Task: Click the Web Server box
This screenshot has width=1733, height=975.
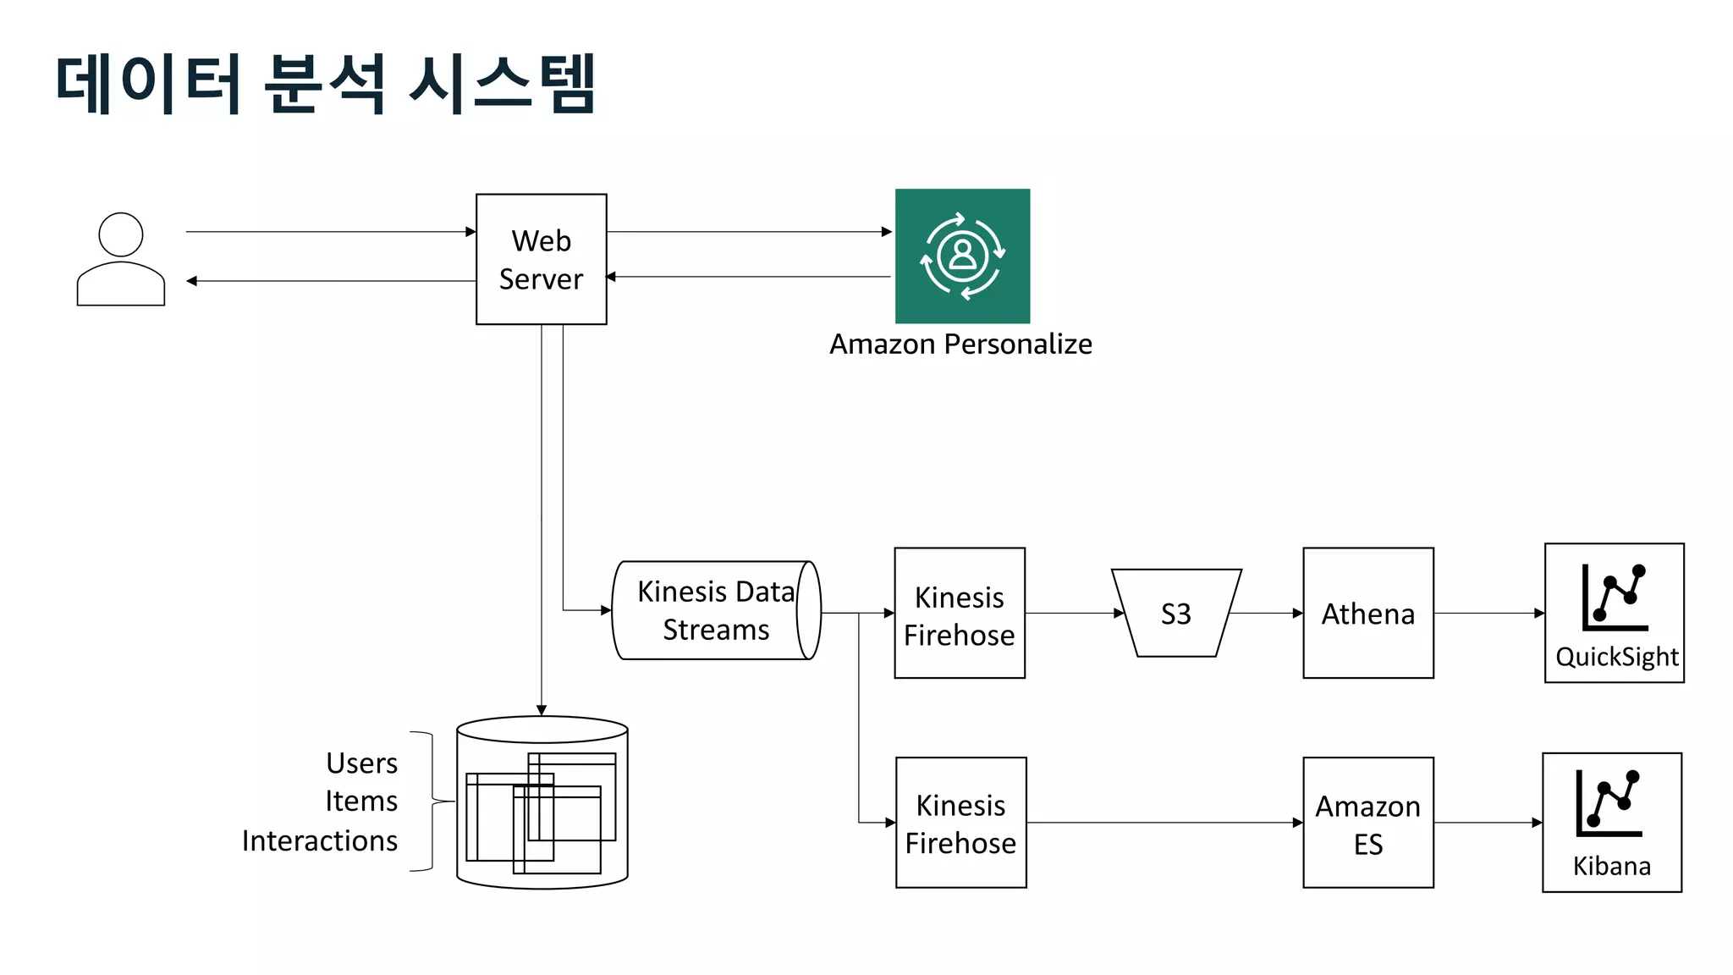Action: pos(541,259)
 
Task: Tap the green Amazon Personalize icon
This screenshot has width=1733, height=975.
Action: pos(962,256)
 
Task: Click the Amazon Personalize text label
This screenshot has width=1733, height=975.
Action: pos(960,344)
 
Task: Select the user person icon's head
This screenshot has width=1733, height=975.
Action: pos(121,234)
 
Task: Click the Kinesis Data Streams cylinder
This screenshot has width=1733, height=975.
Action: pos(715,610)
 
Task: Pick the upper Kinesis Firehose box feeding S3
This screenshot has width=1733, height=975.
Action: pos(959,613)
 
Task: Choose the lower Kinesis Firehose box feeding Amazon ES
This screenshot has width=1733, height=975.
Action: pos(960,822)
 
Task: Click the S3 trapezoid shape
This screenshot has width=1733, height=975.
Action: pos(1175,614)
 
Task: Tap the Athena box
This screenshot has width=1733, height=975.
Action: pos(1367,613)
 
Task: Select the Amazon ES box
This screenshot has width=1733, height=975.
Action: pos(1367,822)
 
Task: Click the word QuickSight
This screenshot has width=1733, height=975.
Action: pos(1616,657)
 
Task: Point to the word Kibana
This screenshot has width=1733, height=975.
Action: pos(1611,866)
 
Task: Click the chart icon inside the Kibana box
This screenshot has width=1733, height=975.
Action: pos(1609,802)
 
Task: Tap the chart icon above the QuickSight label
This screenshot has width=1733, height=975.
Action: pos(1615,597)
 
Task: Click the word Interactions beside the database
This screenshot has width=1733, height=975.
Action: pos(320,840)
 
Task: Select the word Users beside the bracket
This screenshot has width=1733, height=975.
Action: pos(361,763)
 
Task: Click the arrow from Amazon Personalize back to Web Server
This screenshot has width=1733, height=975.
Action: pos(749,277)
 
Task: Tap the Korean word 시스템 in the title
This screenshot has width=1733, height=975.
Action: pos(503,83)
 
